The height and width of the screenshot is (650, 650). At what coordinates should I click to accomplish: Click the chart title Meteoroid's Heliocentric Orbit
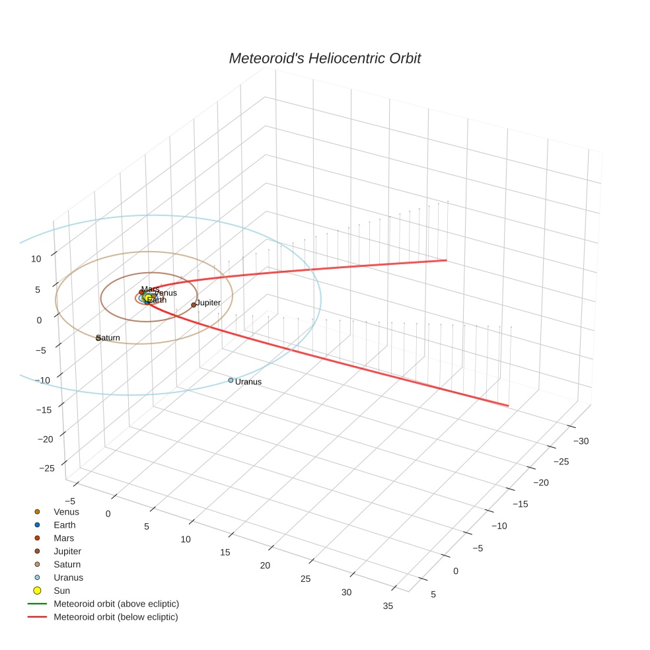click(x=324, y=59)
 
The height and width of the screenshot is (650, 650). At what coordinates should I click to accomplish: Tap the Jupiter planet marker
click(x=194, y=305)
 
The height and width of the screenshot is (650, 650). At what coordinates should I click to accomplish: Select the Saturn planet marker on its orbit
click(x=98, y=338)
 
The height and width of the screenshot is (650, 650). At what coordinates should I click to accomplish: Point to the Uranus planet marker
click(x=231, y=380)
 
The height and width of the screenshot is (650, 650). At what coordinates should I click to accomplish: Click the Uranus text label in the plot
click(x=248, y=382)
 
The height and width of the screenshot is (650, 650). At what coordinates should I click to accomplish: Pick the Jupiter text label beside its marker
click(x=208, y=303)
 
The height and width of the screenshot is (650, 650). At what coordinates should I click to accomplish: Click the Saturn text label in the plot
click(x=109, y=338)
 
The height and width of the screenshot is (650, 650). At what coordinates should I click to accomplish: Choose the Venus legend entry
click(x=66, y=512)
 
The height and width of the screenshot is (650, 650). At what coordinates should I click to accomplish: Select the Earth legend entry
click(x=65, y=525)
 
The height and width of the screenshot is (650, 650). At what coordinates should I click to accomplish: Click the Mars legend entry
click(x=64, y=538)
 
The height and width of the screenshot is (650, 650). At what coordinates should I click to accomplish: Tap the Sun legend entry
click(x=61, y=591)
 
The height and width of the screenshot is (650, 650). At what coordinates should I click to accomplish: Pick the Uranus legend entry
click(x=68, y=577)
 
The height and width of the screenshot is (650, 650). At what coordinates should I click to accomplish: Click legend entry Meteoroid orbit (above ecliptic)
click(x=116, y=604)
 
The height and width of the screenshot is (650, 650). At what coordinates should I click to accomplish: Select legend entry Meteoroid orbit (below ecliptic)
click(x=116, y=617)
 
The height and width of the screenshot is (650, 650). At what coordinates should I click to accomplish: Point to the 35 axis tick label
click(x=388, y=606)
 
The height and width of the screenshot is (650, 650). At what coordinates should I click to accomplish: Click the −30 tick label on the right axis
click(x=581, y=441)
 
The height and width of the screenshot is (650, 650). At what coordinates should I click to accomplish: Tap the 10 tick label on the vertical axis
click(x=36, y=259)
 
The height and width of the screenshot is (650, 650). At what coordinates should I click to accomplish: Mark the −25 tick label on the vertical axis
click(x=48, y=468)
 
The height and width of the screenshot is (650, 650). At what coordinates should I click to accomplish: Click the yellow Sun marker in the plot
click(x=149, y=298)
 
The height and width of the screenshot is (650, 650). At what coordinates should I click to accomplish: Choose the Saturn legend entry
click(x=67, y=564)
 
